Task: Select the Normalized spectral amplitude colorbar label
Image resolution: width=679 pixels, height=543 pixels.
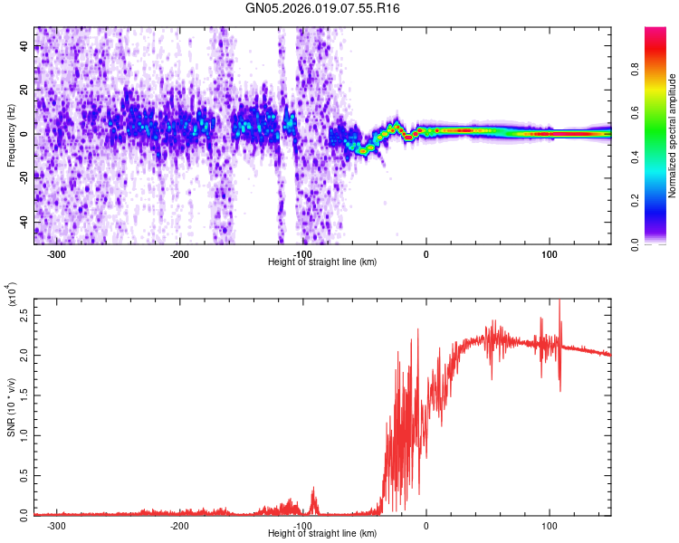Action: [x=673, y=136]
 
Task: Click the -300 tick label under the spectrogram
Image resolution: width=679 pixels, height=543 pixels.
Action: [x=56, y=254]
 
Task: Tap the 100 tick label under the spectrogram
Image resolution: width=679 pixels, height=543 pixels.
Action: [x=549, y=254]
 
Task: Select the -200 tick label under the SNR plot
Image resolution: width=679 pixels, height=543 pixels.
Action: [x=179, y=526]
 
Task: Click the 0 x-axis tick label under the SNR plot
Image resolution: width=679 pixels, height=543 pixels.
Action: [x=426, y=526]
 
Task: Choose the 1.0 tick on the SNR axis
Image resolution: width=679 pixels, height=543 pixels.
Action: [x=25, y=434]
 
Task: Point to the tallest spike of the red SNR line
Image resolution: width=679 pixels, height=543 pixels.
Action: [x=559, y=301]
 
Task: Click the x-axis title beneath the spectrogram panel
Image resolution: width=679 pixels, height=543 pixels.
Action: [x=322, y=262]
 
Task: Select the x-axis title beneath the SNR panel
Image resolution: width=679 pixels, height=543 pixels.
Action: [x=322, y=534]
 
